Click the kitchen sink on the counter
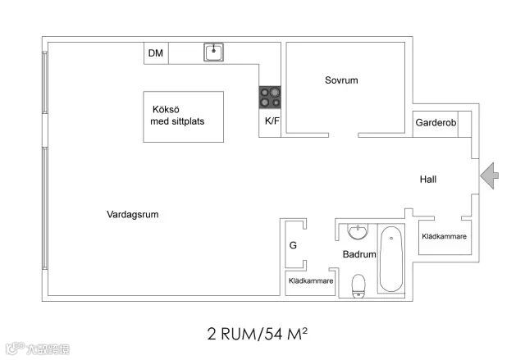point(215,52)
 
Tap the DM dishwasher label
point(155,54)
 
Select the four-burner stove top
point(270,98)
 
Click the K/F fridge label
point(272,121)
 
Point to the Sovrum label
point(341,80)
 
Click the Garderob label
point(435,123)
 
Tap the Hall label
point(429,180)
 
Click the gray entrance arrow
point(491,175)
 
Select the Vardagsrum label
point(132,215)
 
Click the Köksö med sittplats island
point(183,116)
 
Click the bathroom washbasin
point(358,231)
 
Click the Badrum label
point(359,254)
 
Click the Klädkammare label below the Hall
point(444,236)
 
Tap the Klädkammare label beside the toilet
point(311,280)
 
